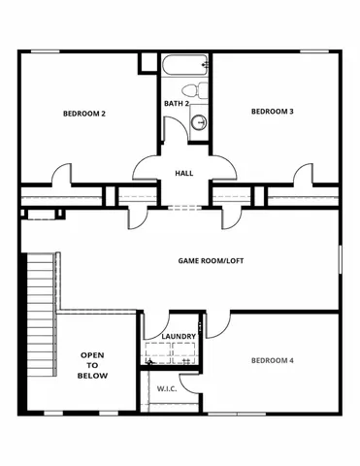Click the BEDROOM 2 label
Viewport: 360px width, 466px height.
(84, 114)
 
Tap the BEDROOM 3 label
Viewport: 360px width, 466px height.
(273, 112)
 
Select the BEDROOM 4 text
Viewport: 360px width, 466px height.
(273, 360)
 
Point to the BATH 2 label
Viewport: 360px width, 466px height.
(176, 103)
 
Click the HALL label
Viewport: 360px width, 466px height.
(183, 173)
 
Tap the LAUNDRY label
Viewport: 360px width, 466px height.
(180, 337)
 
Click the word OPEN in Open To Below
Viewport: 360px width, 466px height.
(93, 355)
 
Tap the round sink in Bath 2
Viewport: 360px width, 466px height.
(200, 121)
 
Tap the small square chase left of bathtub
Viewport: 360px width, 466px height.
(148, 61)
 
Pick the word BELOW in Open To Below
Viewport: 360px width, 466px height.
(93, 376)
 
